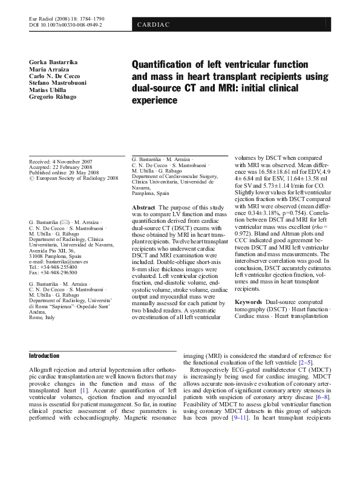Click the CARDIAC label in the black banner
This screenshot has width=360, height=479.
(x=154, y=25)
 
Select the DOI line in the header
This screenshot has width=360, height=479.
(x=65, y=26)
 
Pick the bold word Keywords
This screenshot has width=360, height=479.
(x=248, y=302)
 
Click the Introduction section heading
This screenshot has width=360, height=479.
(x=45, y=355)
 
